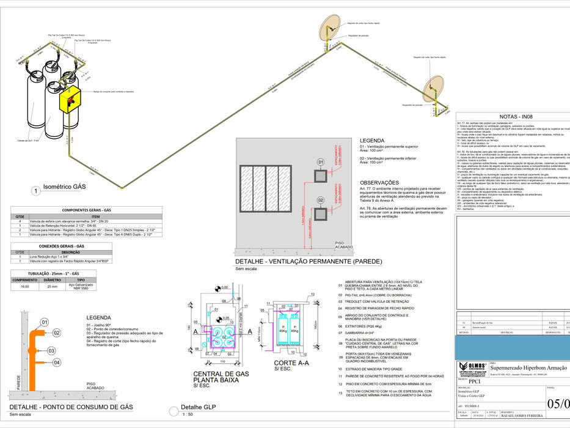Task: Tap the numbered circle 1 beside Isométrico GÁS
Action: tap(36, 191)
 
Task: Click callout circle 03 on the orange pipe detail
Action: tap(53, 350)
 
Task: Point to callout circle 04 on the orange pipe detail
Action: tap(56, 363)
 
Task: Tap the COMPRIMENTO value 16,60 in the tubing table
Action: tap(25, 286)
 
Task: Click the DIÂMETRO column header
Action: tap(51, 279)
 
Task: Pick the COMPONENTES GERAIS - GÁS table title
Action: tap(60, 209)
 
